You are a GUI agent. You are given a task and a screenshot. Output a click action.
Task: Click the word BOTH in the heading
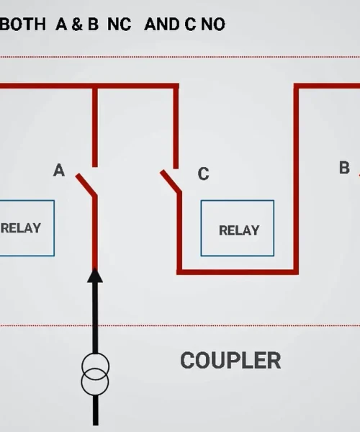click(22, 24)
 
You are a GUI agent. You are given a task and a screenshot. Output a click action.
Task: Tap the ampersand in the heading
click(77, 24)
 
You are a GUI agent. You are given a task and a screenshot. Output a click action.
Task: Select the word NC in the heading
click(120, 24)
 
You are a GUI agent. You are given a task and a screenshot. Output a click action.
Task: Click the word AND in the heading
click(163, 24)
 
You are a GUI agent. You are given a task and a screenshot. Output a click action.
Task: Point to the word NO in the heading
click(213, 24)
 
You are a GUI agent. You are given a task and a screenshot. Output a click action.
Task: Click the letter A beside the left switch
click(59, 170)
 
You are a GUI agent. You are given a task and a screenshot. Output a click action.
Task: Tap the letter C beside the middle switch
click(204, 174)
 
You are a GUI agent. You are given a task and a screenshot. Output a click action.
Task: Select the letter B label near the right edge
click(345, 168)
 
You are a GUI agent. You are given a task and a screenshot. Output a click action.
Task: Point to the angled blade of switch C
click(171, 181)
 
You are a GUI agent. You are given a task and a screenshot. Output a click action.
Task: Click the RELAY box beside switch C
click(238, 228)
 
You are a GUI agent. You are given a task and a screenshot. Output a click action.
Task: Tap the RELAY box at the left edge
click(27, 228)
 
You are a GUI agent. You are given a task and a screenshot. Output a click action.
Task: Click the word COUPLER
click(230, 361)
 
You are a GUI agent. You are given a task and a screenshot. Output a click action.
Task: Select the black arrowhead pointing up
click(95, 276)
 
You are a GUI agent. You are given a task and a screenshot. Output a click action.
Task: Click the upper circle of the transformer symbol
click(95, 353)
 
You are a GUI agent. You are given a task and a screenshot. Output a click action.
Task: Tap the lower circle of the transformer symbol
click(95, 395)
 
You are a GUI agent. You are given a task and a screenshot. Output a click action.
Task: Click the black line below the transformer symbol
click(96, 410)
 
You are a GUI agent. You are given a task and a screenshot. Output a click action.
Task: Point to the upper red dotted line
click(180, 57)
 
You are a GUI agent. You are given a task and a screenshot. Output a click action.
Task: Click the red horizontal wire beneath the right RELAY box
click(238, 272)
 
